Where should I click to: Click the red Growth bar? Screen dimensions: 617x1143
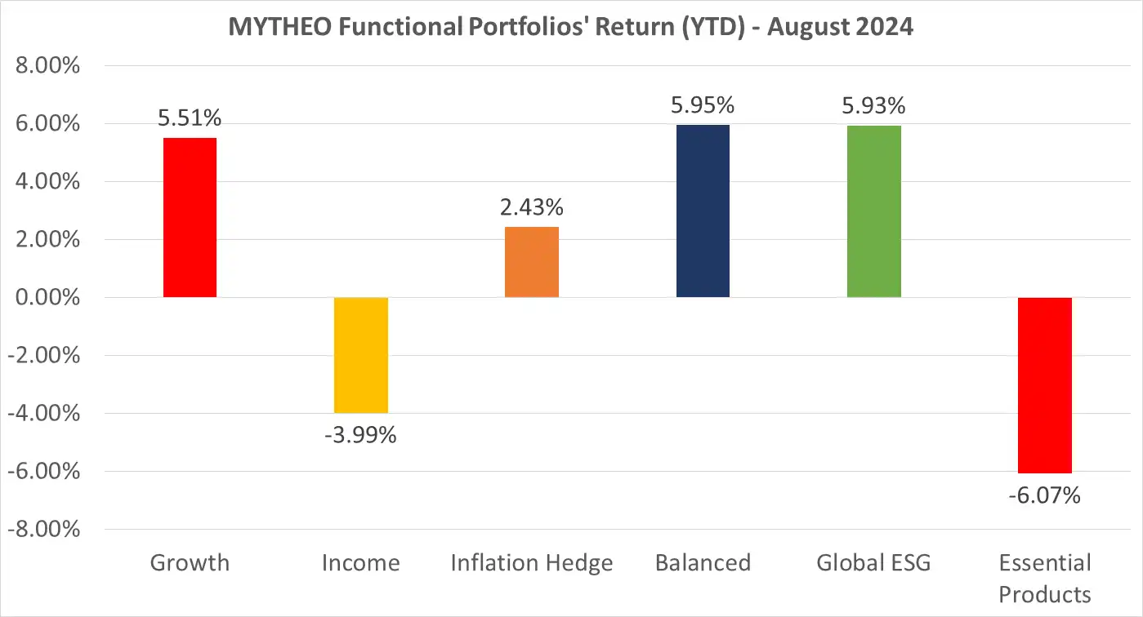190,217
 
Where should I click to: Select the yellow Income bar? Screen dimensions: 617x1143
360,355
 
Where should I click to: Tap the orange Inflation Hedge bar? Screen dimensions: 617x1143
532,262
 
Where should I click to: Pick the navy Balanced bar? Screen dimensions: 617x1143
703,211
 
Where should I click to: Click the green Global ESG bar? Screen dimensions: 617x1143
873,211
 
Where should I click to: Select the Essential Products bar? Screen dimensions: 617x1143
1044,385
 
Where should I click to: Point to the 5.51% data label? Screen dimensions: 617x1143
190,118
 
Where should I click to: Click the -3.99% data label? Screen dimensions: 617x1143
360,436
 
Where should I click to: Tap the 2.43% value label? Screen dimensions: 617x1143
532,208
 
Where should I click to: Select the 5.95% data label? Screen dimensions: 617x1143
703,105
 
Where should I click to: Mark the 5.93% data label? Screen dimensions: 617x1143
873,105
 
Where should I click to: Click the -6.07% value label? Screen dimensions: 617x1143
1044,495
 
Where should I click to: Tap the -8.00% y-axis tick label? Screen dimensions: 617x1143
44,530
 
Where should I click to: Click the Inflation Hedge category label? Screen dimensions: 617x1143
532,563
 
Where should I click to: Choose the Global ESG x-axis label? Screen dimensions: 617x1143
873,563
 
